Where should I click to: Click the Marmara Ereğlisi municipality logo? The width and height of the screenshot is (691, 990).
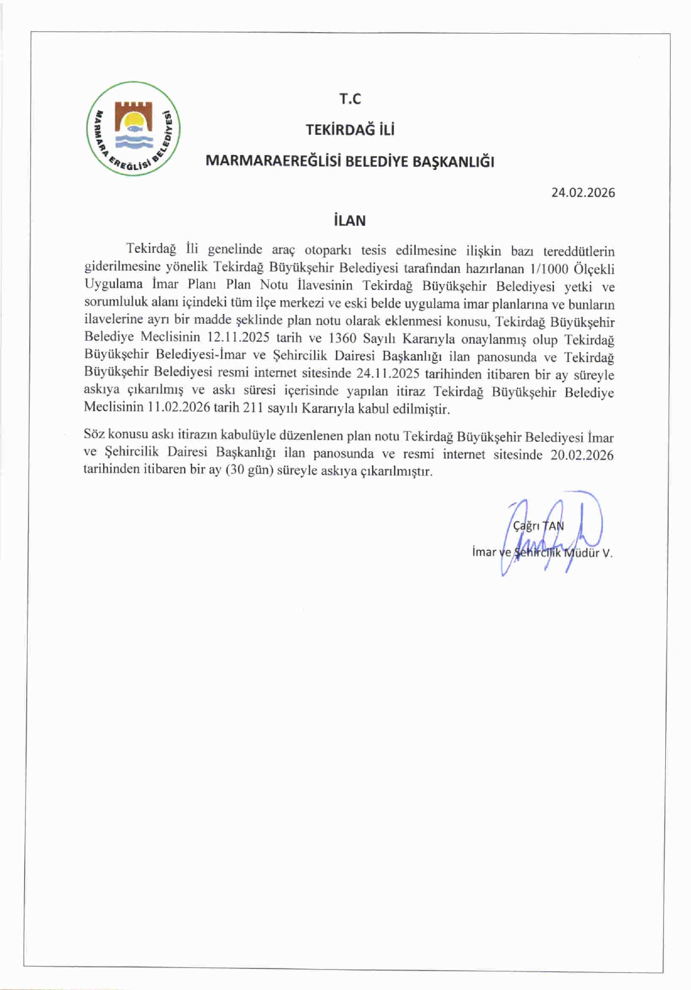pos(133,129)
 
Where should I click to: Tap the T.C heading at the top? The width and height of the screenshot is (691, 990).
pos(350,99)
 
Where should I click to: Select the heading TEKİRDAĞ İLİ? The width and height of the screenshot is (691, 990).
pos(350,130)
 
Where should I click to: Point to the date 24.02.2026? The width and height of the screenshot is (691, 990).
pos(583,193)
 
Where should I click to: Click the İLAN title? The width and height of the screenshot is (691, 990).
pos(350,221)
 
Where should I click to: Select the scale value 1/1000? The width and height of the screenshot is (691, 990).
pos(545,269)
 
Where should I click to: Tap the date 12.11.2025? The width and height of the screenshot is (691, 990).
pos(238,338)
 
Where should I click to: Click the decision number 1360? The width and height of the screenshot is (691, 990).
pos(342,338)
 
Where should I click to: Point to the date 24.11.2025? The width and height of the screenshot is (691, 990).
pos(388,374)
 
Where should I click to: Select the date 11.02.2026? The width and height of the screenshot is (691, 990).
pos(179,408)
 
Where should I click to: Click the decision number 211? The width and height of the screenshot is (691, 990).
pos(253,408)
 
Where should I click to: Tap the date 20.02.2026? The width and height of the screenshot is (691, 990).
pos(582,455)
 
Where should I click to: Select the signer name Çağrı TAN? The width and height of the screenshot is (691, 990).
pos(538,526)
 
